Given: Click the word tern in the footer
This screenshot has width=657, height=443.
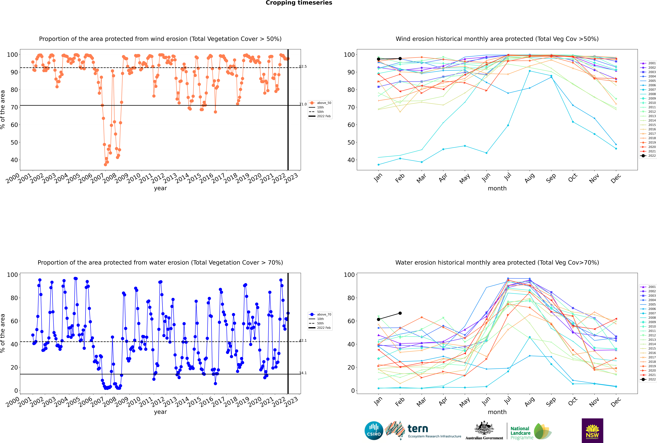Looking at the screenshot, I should click(x=418, y=429).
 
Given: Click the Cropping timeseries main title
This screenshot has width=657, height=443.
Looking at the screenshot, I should click(x=299, y=3).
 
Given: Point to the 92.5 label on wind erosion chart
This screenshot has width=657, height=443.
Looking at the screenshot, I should click(x=303, y=67).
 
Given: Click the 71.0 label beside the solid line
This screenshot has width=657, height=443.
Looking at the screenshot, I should click(x=303, y=104).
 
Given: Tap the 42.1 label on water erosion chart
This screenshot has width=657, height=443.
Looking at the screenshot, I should click(x=303, y=340).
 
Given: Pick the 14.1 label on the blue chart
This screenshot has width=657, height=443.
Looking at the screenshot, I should click(x=303, y=373).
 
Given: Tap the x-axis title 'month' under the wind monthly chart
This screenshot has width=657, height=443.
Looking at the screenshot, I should click(x=497, y=188).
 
